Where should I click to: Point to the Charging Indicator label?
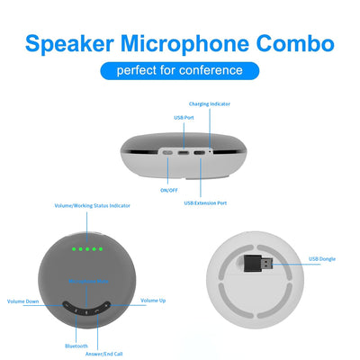210,105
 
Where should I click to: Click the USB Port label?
182,117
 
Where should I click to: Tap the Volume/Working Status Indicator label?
93,205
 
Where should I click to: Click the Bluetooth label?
76,346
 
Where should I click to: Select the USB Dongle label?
321,259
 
